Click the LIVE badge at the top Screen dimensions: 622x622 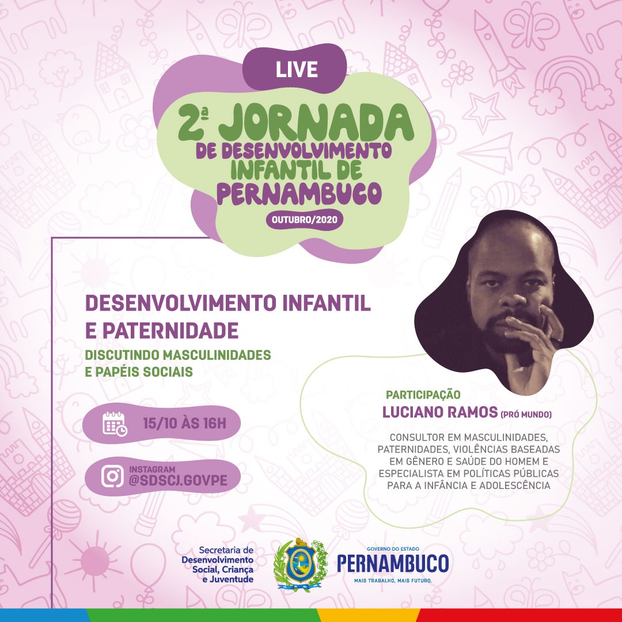click(x=297, y=69)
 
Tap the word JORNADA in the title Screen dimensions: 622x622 click(x=316, y=123)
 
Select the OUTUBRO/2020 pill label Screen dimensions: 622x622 click(x=304, y=219)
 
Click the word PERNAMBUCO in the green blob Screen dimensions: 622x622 click(x=299, y=194)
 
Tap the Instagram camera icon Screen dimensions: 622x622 click(x=112, y=476)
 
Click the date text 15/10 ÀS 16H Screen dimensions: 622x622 click(x=184, y=424)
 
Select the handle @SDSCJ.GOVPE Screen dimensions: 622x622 click(x=178, y=480)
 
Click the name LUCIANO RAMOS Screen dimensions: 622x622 click(x=439, y=412)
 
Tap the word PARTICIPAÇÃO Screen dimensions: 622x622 click(x=423, y=395)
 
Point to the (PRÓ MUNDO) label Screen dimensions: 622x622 click(x=526, y=415)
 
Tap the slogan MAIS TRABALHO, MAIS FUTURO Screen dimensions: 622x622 click(x=393, y=581)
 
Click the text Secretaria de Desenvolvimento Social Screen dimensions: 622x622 click(x=218, y=560)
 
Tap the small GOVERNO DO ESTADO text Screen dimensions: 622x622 click(x=393, y=549)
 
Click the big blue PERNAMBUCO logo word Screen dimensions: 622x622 click(x=393, y=563)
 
